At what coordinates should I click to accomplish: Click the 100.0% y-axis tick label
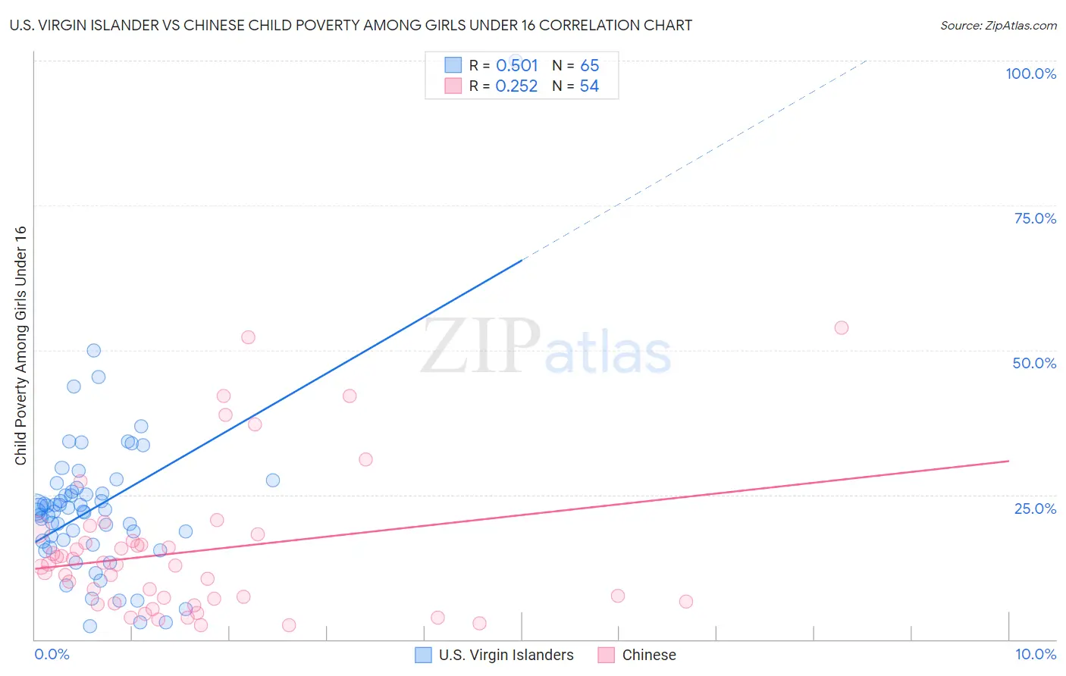click(1030, 74)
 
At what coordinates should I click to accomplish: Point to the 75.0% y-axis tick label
click(1035, 218)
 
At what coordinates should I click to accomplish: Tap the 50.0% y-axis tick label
click(1034, 363)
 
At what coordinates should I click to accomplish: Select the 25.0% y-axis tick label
click(1035, 509)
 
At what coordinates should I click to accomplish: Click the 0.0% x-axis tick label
click(52, 654)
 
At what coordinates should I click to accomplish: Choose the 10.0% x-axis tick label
click(1035, 654)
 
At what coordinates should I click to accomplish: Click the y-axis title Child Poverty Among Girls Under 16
click(20, 346)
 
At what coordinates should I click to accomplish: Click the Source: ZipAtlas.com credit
click(998, 25)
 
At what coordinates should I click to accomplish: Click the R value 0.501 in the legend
click(516, 65)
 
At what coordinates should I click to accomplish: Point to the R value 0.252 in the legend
click(516, 86)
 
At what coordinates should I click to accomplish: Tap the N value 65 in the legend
click(589, 65)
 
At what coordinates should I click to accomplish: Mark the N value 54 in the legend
click(589, 86)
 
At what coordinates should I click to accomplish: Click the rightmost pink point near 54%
click(841, 328)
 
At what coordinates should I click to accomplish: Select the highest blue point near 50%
click(93, 350)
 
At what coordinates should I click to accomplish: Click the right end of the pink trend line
click(1008, 461)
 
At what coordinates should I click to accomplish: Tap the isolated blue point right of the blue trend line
click(273, 480)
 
